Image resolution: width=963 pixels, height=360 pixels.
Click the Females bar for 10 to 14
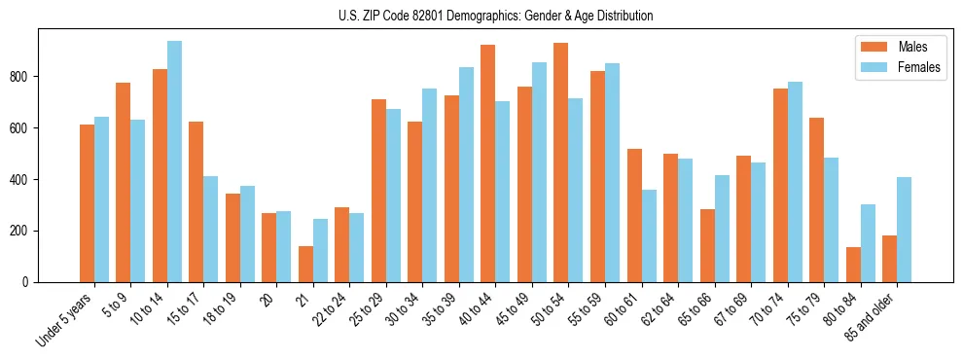pos(175,162)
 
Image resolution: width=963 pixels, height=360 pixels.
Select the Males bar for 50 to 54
pos(561,162)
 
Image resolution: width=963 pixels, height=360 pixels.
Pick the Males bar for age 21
pos(306,264)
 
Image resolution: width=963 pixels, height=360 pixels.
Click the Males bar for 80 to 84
pos(853,265)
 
